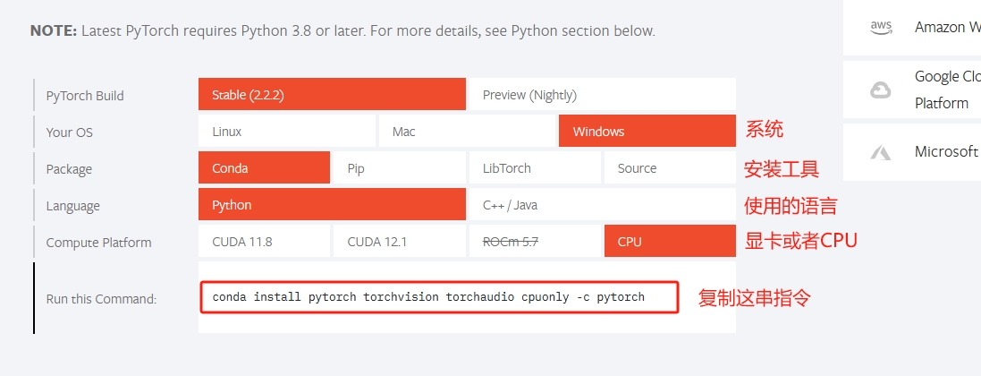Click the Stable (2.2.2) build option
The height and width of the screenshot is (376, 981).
(x=332, y=94)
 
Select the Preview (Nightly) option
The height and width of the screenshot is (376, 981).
(x=603, y=94)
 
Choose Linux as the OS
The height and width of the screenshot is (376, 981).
(x=286, y=131)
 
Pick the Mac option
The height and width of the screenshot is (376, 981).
(x=467, y=131)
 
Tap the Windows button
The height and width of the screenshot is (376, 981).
(x=647, y=131)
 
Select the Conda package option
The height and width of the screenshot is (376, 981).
(x=264, y=167)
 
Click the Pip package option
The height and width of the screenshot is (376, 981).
(x=399, y=167)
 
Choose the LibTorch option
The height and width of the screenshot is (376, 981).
(x=535, y=167)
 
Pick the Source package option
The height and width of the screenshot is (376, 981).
(x=670, y=167)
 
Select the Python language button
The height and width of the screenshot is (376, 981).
(x=332, y=204)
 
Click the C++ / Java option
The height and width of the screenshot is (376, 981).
(x=603, y=204)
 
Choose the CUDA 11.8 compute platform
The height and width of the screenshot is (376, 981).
(x=264, y=242)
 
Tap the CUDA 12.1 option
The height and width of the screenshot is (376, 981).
(x=399, y=242)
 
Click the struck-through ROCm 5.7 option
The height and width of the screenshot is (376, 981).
(x=535, y=242)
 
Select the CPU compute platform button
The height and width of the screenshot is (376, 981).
(x=670, y=242)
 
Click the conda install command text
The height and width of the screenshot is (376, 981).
(x=428, y=296)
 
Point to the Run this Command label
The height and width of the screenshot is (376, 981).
(x=101, y=299)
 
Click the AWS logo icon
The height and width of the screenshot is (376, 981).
(x=881, y=28)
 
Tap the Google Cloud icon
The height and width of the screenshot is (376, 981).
(x=881, y=90)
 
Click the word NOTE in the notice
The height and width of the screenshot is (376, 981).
(x=54, y=30)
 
